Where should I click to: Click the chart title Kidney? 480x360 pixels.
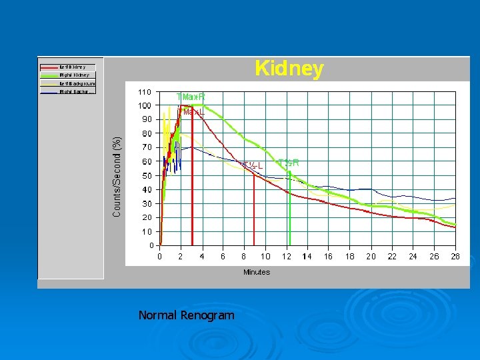click(x=289, y=69)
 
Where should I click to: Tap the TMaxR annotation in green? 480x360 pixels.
click(x=191, y=97)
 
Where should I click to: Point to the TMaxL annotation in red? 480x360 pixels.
click(x=192, y=112)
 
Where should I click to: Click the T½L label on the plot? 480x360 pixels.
click(x=253, y=165)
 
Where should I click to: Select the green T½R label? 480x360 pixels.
click(x=288, y=163)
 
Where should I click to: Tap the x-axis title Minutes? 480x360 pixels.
click(x=257, y=272)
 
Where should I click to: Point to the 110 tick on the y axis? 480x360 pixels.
click(x=145, y=91)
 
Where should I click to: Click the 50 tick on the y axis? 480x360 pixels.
click(x=147, y=175)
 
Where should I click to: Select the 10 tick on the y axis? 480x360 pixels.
click(x=147, y=231)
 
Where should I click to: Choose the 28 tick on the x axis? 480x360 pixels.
click(x=456, y=256)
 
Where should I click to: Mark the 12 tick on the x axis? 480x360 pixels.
click(x=287, y=256)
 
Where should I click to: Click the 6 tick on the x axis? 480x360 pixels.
click(x=223, y=256)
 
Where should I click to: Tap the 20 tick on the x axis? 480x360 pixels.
click(x=371, y=256)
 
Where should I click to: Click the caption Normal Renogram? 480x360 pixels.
click(x=187, y=315)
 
